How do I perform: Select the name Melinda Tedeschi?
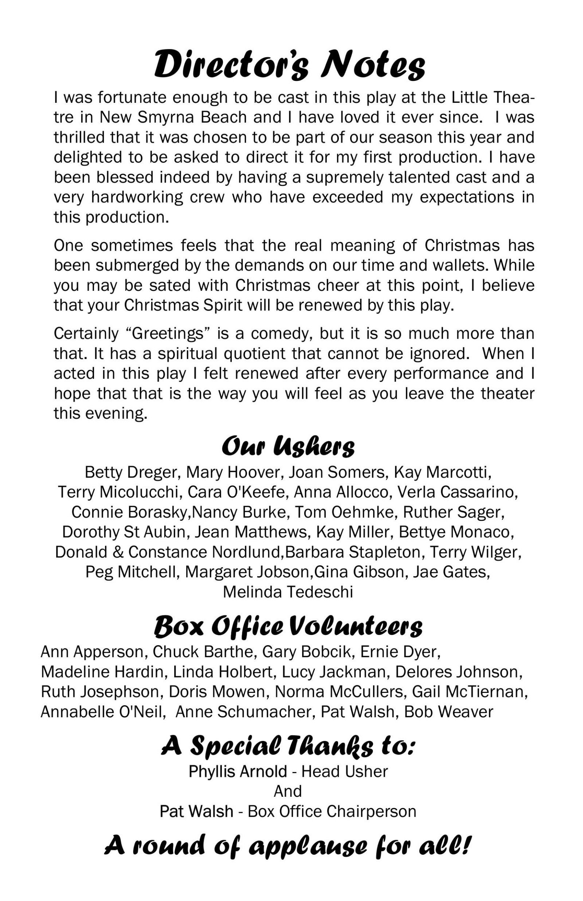click(x=288, y=592)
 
